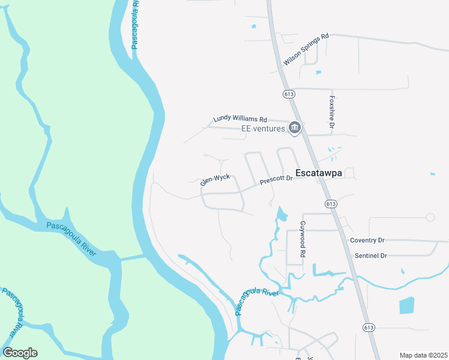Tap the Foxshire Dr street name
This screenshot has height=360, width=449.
tap(331, 112)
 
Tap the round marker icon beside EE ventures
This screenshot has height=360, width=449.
tap(295, 127)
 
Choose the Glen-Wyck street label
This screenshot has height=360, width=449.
tap(215, 179)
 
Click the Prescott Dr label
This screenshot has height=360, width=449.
tap(276, 179)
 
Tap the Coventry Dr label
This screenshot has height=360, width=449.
tap(367, 240)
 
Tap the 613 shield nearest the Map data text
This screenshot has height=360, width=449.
tap(368, 326)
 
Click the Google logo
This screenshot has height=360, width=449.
tap(20, 353)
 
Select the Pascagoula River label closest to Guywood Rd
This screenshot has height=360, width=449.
tap(256, 301)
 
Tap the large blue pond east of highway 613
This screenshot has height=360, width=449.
tap(406, 306)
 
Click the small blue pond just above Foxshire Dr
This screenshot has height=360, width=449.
tap(318, 73)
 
